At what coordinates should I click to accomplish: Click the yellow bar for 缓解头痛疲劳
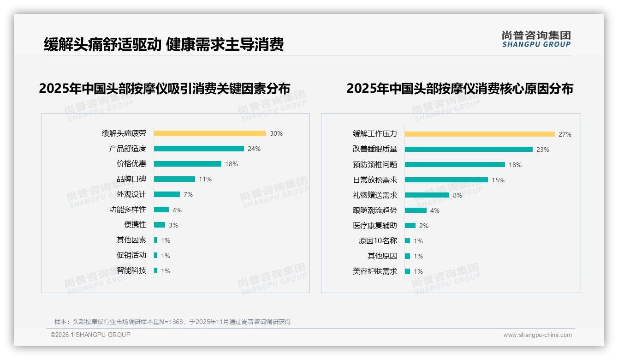tap(210, 133)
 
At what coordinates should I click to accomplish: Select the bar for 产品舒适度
tap(199, 149)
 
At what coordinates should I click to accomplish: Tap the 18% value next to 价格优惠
tap(232, 164)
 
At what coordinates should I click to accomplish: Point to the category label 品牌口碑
tap(131, 179)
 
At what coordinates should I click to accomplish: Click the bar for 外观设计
tap(167, 194)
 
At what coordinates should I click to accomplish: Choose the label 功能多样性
tap(128, 210)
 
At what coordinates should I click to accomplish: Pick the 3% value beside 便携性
tap(173, 225)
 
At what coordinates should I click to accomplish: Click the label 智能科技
tap(131, 270)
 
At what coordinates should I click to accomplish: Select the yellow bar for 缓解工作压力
tap(480, 134)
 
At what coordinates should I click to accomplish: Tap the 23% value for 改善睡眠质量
tap(543, 150)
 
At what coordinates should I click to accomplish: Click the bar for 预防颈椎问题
tap(455, 165)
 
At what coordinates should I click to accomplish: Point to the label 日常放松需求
tap(375, 180)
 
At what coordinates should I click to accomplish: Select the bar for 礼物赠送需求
tap(427, 195)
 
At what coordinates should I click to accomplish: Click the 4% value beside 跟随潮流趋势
tap(435, 210)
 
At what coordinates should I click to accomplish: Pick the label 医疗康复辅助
tap(375, 226)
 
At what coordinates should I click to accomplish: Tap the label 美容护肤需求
tap(375, 271)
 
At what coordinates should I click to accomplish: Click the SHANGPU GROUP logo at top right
tap(536, 39)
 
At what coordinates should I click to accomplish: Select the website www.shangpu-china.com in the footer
tap(537, 335)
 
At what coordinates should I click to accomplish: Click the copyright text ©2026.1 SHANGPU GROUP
tap(90, 335)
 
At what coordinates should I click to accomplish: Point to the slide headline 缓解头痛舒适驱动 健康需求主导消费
tap(164, 44)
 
